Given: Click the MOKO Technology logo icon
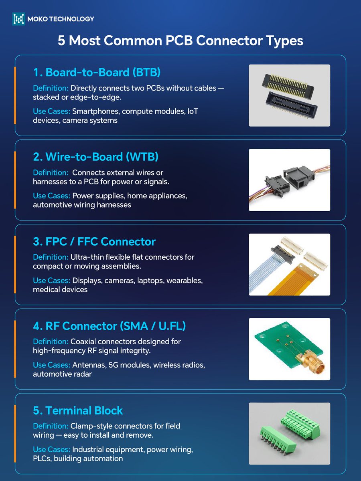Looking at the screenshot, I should (18, 19).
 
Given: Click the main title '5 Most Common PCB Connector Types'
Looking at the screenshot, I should (180, 41).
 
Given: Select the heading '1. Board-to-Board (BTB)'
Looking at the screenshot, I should (97, 72).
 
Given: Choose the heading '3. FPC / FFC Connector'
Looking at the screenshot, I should (94, 242).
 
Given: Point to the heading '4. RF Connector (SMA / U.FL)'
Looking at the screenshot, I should (109, 326).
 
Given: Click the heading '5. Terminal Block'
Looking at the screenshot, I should (78, 410).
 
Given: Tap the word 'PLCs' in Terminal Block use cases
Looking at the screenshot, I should (42, 458).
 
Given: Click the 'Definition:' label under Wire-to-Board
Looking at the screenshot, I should (51, 172).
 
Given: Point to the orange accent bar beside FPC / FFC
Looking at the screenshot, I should (15, 264).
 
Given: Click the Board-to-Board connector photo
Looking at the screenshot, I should (289, 95).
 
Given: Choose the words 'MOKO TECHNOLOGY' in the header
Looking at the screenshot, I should (60, 19).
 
